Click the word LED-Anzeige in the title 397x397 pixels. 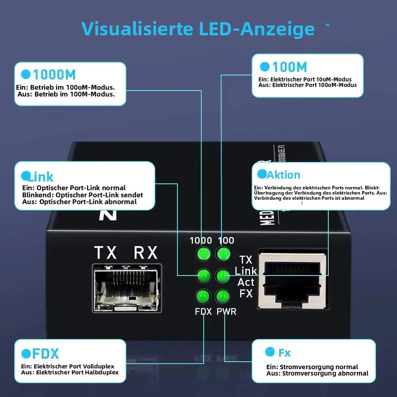point(257,29)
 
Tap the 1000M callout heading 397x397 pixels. point(54,75)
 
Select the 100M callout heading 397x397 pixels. point(290,67)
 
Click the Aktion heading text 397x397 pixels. point(284,175)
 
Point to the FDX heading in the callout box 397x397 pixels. point(45,354)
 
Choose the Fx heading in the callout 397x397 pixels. point(285,353)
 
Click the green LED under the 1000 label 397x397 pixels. point(203,254)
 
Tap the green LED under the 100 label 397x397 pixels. point(223,254)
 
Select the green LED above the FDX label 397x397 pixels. point(203,296)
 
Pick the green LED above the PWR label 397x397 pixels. point(223,296)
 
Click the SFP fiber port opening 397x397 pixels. point(127,288)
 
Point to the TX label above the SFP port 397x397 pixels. point(105,253)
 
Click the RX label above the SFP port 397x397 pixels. point(146,253)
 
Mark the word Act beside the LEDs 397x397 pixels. point(246,282)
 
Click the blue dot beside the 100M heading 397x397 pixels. point(265,67)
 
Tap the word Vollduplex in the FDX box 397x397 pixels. point(98,367)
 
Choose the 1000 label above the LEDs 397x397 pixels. point(201,240)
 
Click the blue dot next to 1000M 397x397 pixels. point(26,74)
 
